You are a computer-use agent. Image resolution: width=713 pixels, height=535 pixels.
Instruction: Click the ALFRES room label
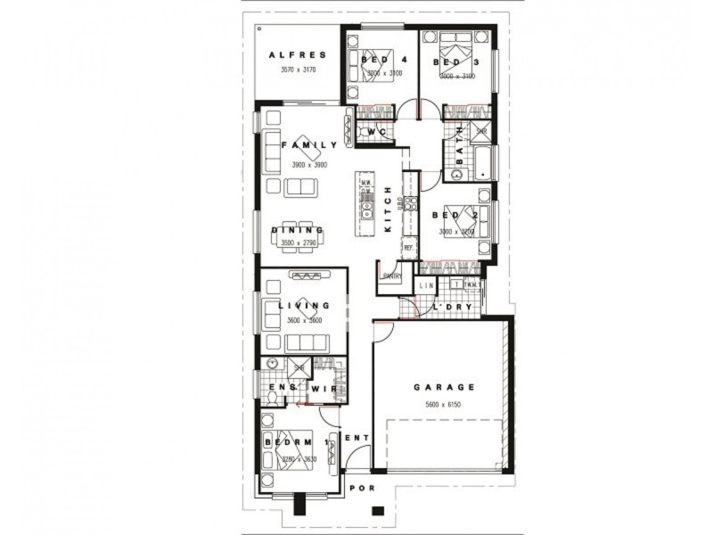(298, 55)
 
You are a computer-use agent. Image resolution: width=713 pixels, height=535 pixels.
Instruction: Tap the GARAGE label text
(444, 388)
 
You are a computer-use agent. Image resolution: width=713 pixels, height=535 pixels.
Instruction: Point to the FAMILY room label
(309, 144)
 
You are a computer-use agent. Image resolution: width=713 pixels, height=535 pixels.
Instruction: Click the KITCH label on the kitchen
(388, 210)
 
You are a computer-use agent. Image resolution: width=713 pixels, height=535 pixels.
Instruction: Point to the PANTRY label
(391, 276)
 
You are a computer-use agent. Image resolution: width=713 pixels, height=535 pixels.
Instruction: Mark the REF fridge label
(408, 247)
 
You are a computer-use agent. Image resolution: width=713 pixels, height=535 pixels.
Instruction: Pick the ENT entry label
(356, 438)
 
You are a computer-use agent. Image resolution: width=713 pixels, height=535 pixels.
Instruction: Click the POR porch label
(361, 488)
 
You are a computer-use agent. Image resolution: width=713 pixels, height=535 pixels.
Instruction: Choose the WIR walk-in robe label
(321, 388)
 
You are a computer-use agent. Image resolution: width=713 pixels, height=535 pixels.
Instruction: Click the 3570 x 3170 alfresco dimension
(298, 70)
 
